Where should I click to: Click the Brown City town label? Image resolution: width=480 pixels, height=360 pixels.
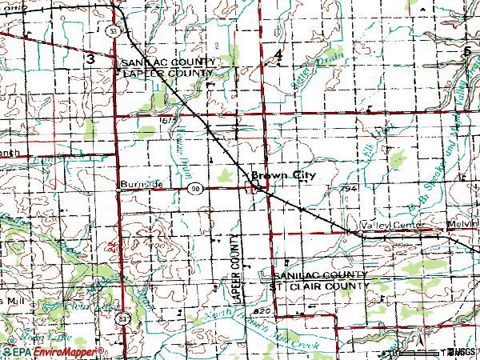(282, 174)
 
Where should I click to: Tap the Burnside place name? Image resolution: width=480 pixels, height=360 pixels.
(142, 184)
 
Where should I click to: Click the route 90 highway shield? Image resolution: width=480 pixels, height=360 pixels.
(195, 186)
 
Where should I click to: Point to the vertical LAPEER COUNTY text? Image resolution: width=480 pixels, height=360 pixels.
(236, 268)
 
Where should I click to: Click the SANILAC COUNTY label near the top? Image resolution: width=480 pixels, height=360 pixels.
(167, 62)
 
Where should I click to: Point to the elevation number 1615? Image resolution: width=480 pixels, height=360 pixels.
(167, 119)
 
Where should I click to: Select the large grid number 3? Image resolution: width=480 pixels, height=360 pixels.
(90, 59)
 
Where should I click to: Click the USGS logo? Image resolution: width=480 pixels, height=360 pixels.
(462, 352)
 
